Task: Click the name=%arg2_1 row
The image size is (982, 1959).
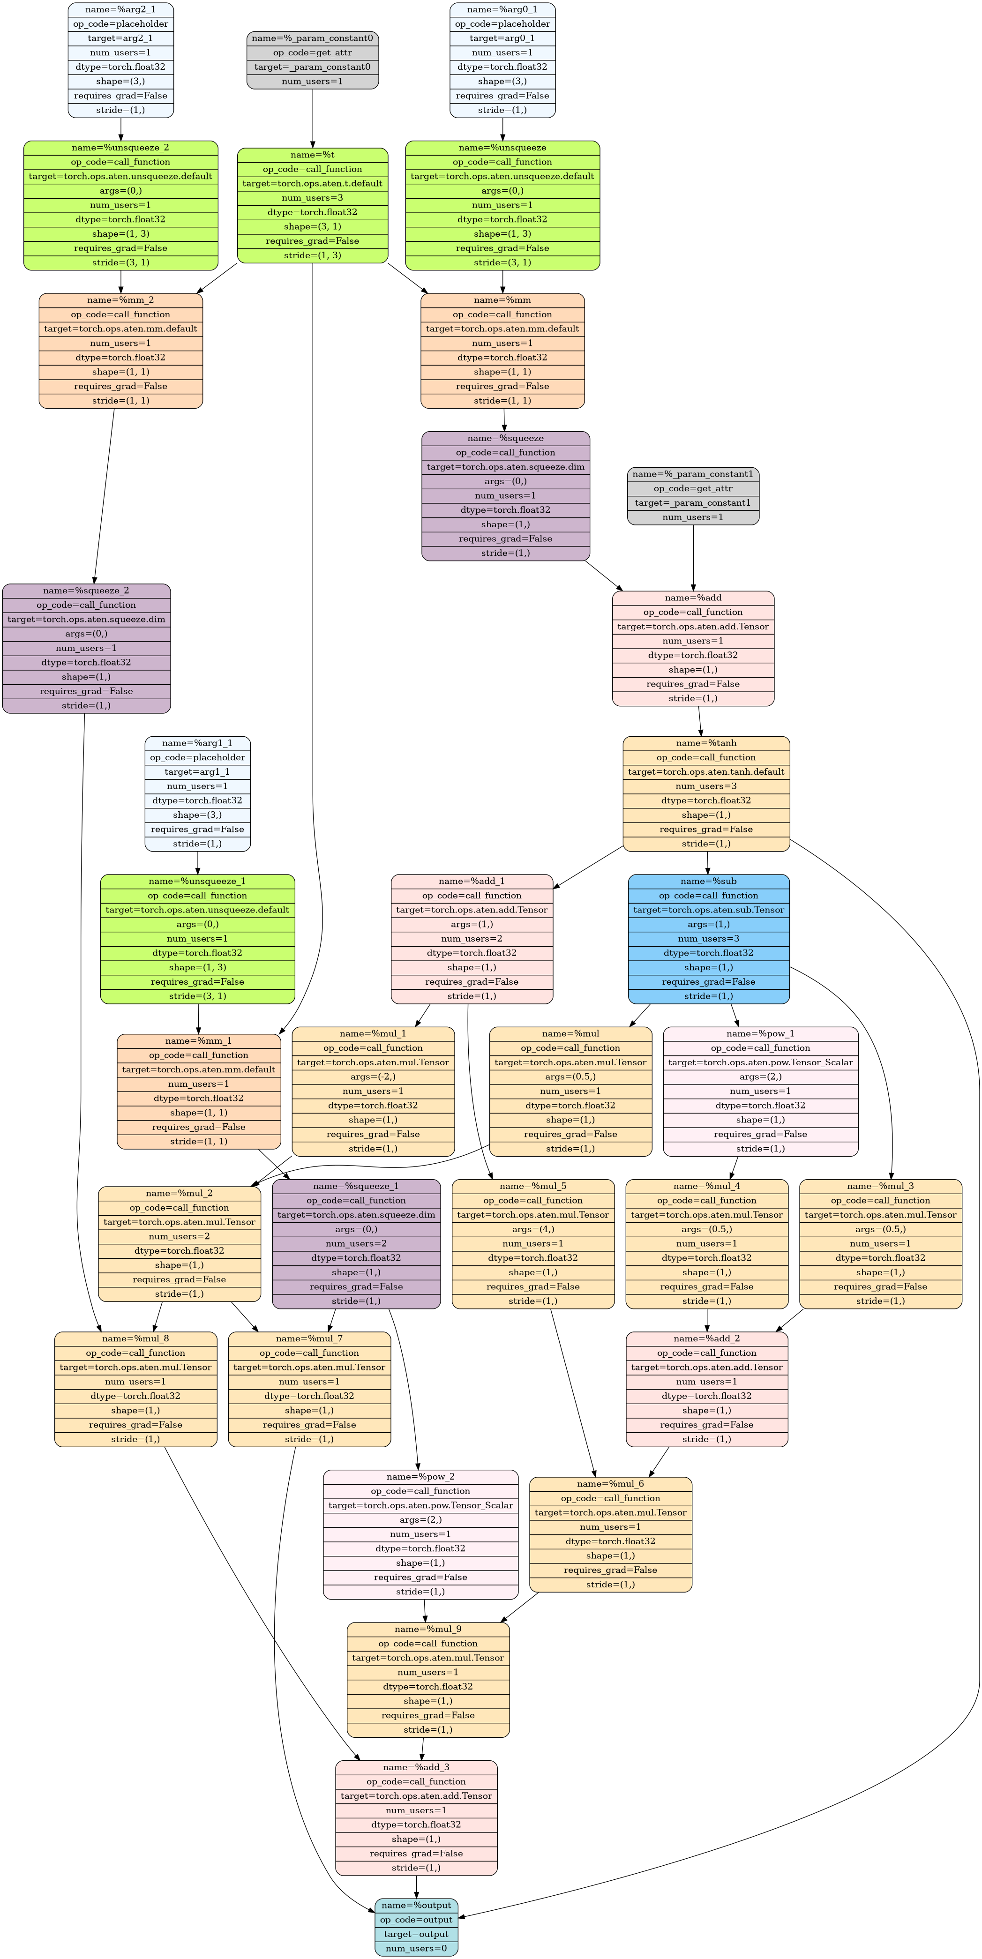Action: [121, 9]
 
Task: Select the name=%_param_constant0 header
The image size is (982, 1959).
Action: [313, 38]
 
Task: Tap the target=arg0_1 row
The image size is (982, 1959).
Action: [503, 38]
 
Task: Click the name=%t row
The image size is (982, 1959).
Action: [313, 154]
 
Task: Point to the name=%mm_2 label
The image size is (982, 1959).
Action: [121, 299]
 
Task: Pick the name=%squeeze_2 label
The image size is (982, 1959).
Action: [86, 590]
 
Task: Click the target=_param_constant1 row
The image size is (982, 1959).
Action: [693, 503]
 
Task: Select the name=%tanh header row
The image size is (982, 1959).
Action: [707, 743]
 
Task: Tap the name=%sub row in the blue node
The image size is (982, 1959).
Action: [709, 881]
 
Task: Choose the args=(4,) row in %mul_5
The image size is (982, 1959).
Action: [533, 1229]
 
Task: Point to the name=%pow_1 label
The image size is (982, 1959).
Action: [761, 1033]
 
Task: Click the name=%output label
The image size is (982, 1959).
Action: [416, 1905]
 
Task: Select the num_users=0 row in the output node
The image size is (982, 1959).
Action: [416, 1948]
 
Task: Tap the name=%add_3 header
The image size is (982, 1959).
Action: [416, 1767]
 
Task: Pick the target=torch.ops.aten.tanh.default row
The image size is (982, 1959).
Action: [707, 772]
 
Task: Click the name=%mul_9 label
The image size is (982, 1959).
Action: [428, 1629]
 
